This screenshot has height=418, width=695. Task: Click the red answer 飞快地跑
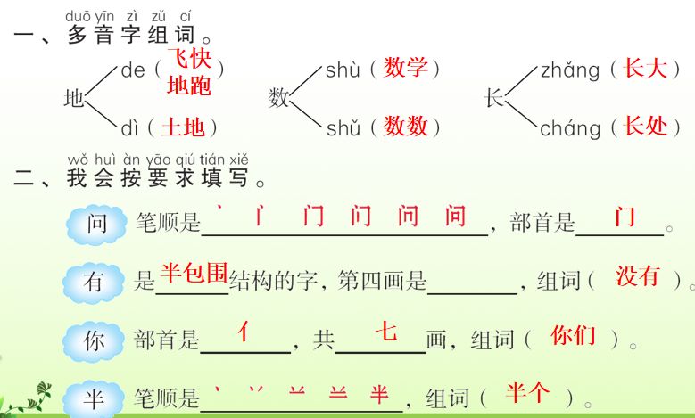[x=189, y=74]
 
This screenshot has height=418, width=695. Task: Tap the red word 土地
[x=183, y=127]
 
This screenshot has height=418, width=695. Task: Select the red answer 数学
[x=406, y=68]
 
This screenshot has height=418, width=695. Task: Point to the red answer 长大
[x=646, y=68]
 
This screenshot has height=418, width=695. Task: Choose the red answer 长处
[x=646, y=127]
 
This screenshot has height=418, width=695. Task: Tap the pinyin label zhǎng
[x=570, y=70]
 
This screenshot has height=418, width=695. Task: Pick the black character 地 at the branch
[x=74, y=98]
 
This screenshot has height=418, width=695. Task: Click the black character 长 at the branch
[x=494, y=98]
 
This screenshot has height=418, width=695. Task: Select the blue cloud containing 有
[x=94, y=283]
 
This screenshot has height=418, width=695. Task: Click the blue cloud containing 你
[x=93, y=340]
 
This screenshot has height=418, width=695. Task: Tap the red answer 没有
[x=638, y=275]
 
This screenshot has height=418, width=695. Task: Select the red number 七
[x=385, y=332]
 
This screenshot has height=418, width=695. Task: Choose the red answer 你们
[x=573, y=335]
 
